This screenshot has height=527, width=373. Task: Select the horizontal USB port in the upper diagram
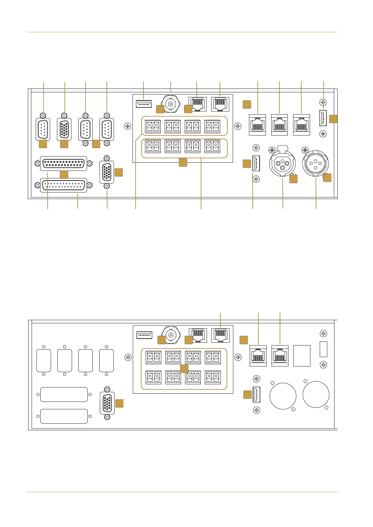point(144,103)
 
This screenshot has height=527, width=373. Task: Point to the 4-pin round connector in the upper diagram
point(315,162)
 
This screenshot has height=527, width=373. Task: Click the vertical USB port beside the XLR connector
point(256,163)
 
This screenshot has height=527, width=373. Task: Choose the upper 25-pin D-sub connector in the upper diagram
point(64,163)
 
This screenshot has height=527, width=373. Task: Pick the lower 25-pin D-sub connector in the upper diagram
point(64,185)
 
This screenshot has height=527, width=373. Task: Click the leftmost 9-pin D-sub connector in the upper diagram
point(43,129)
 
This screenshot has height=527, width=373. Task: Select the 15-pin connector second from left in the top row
point(64,129)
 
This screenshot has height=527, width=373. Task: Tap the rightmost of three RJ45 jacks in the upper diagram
point(301,125)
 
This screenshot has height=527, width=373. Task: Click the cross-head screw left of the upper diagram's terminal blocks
point(128,126)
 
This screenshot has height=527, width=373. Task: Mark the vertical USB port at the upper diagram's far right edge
point(323,118)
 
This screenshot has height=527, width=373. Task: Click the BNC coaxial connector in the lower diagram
point(171,335)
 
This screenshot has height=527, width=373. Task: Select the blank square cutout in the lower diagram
point(302,356)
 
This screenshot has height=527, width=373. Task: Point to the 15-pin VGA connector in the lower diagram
point(107,403)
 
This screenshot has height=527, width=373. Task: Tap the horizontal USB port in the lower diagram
point(144,335)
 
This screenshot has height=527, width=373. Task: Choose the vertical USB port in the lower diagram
point(256,394)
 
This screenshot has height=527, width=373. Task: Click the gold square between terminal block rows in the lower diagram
point(184,368)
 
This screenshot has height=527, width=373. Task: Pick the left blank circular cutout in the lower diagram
point(283,396)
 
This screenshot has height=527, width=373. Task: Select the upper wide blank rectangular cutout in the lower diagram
point(64,394)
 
